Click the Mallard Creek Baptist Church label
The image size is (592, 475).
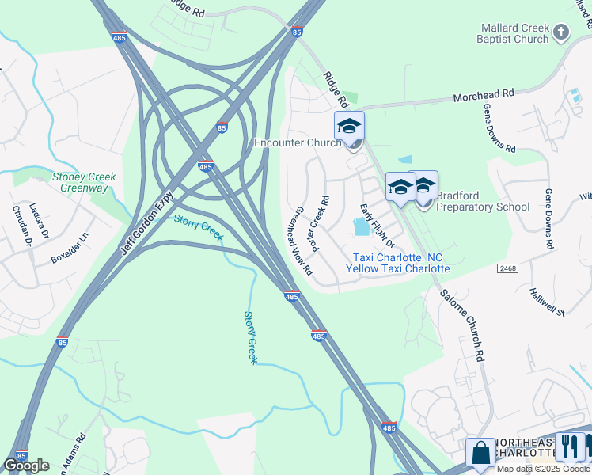pyautogui.click(x=514, y=33)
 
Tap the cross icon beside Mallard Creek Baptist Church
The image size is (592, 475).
pyautogui.click(x=561, y=32)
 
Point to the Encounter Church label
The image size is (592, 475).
pyautogui.click(x=296, y=143)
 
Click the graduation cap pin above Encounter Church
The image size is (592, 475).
pyautogui.click(x=349, y=127)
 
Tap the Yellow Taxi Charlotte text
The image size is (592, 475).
pyautogui.click(x=397, y=268)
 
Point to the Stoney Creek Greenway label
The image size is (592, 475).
pyautogui.click(x=84, y=182)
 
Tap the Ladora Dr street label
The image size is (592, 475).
pyautogui.click(x=39, y=222)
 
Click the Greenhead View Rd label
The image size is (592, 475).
pyautogui.click(x=303, y=241)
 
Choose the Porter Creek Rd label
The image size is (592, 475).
pyautogui.click(x=320, y=225)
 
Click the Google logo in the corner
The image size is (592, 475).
pyautogui.click(x=27, y=465)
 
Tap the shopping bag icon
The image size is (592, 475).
pyautogui.click(x=480, y=453)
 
